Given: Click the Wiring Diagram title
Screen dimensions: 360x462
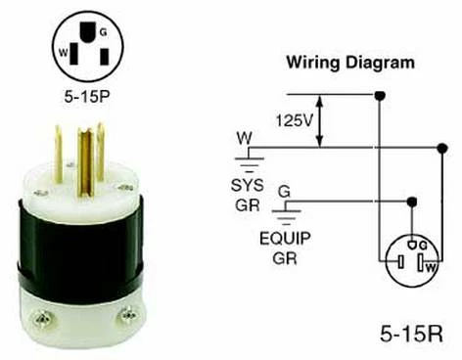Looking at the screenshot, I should coord(349,63).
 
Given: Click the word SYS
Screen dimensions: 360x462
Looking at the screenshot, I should coord(248,187).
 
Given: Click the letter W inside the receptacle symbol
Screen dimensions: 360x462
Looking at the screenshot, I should coord(429,263).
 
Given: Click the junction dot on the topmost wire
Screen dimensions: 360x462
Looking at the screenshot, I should coord(378,95).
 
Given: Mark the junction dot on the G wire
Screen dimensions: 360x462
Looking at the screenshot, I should coord(412,201).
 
